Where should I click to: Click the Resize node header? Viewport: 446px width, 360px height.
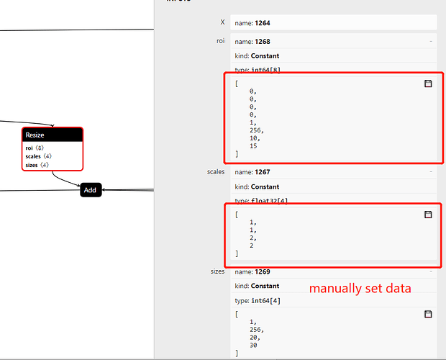click(x=52, y=135)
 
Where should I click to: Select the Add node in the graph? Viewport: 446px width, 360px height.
click(x=90, y=190)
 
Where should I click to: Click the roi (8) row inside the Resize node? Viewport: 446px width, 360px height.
click(x=35, y=148)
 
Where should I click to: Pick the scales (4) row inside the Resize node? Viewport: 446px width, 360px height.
click(x=38, y=156)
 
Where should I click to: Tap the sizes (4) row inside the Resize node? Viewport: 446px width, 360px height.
click(x=37, y=165)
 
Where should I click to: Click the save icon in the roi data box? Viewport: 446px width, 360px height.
click(x=428, y=84)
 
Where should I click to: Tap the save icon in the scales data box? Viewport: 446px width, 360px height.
click(x=428, y=215)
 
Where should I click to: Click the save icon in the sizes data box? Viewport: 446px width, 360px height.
click(x=428, y=314)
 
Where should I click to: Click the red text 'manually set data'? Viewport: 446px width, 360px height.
click(x=360, y=289)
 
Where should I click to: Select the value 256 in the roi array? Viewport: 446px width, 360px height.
click(x=257, y=130)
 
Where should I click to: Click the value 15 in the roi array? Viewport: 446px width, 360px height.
click(x=253, y=146)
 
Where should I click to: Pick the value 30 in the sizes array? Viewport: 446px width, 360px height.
click(x=253, y=346)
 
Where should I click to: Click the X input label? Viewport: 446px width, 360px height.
click(x=222, y=23)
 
